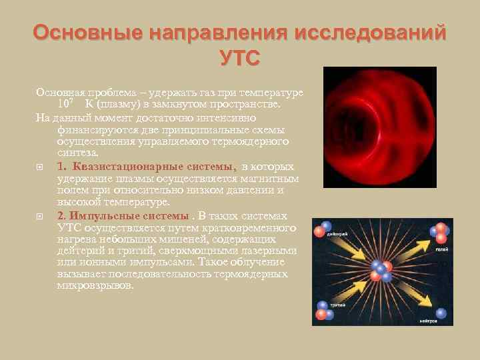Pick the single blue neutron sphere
coord(441,312)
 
